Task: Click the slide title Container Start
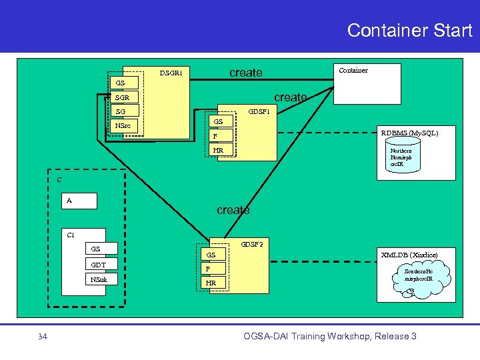(409, 30)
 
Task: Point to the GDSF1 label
(259, 112)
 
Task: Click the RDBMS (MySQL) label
(409, 133)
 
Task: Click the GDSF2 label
(251, 244)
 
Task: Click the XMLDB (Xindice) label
(409, 255)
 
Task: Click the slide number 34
(42, 336)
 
